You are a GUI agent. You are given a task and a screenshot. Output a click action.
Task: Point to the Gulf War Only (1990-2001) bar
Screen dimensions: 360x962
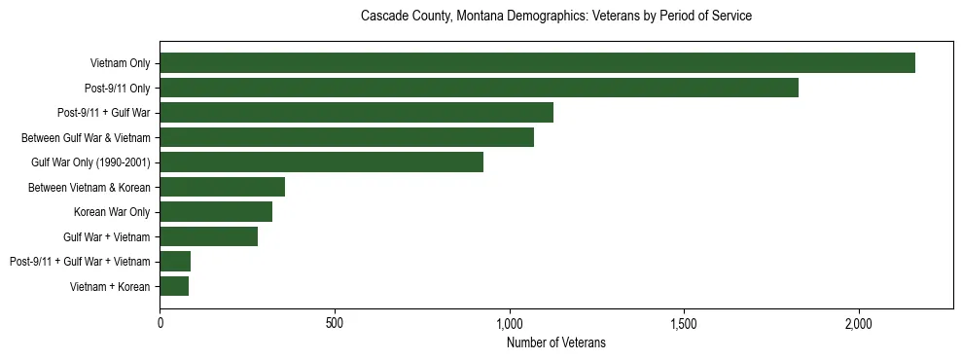[321, 162]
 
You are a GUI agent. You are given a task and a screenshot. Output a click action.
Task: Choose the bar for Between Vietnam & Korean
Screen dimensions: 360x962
[222, 187]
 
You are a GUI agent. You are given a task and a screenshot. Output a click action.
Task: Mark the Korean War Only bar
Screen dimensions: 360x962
[216, 212]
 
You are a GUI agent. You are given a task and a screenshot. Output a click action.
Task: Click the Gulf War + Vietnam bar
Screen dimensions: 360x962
[208, 236]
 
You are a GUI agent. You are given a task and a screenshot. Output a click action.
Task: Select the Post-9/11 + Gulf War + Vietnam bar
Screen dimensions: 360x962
[175, 262]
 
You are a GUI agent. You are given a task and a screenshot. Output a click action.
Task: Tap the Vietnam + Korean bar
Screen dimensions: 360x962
[174, 286]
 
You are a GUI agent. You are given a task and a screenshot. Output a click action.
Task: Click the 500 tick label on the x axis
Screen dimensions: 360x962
[335, 323]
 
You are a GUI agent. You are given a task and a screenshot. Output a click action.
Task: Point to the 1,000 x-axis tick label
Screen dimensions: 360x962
[510, 323]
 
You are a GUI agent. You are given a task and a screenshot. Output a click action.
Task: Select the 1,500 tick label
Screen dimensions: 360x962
[684, 323]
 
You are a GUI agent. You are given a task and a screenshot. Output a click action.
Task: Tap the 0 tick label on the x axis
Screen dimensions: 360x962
[160, 323]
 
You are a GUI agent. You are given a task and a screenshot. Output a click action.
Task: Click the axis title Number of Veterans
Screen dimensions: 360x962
[556, 342]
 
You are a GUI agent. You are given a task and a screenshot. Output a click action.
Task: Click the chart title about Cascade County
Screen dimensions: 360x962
[556, 17]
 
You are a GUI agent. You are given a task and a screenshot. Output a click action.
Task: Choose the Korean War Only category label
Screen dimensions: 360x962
[112, 212]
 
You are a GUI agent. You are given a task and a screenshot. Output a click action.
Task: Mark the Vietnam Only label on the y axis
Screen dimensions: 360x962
[120, 63]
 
